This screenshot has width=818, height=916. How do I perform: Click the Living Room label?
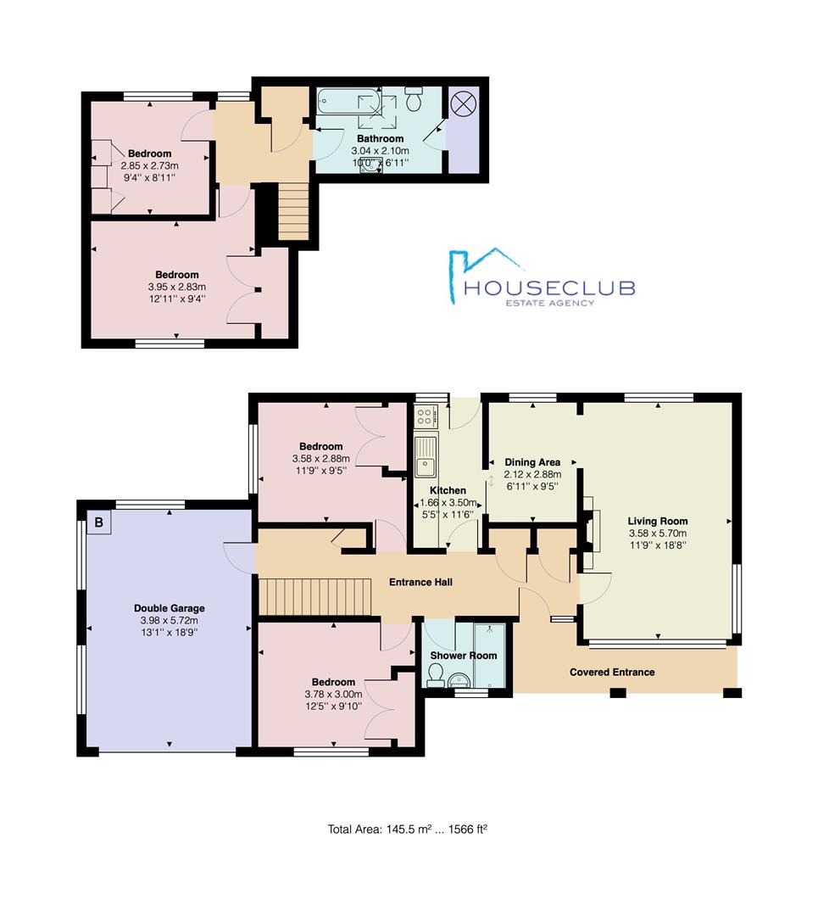click(658, 521)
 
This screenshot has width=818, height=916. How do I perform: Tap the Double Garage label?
click(170, 608)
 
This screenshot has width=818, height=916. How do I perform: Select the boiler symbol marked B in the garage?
click(98, 522)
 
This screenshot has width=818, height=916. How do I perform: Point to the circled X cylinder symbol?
click(464, 104)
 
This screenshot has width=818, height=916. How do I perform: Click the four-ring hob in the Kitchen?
click(425, 416)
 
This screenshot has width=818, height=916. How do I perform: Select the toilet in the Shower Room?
click(436, 677)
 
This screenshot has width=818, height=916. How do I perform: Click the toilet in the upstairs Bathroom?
click(414, 98)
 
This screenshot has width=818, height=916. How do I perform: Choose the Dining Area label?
click(532, 462)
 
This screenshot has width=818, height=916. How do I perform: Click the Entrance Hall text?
click(421, 582)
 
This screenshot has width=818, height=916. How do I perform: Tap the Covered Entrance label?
click(612, 672)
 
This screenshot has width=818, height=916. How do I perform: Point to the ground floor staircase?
click(315, 596)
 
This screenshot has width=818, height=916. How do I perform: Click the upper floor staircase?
click(292, 211)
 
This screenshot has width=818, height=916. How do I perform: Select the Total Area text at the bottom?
click(408, 829)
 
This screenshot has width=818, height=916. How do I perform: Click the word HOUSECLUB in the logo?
click(548, 288)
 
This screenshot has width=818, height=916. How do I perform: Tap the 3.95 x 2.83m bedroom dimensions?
click(177, 287)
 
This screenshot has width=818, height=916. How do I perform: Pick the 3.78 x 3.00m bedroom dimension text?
click(333, 694)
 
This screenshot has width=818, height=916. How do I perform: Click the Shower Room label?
click(464, 656)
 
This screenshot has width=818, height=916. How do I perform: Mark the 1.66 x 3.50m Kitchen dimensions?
click(448, 503)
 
